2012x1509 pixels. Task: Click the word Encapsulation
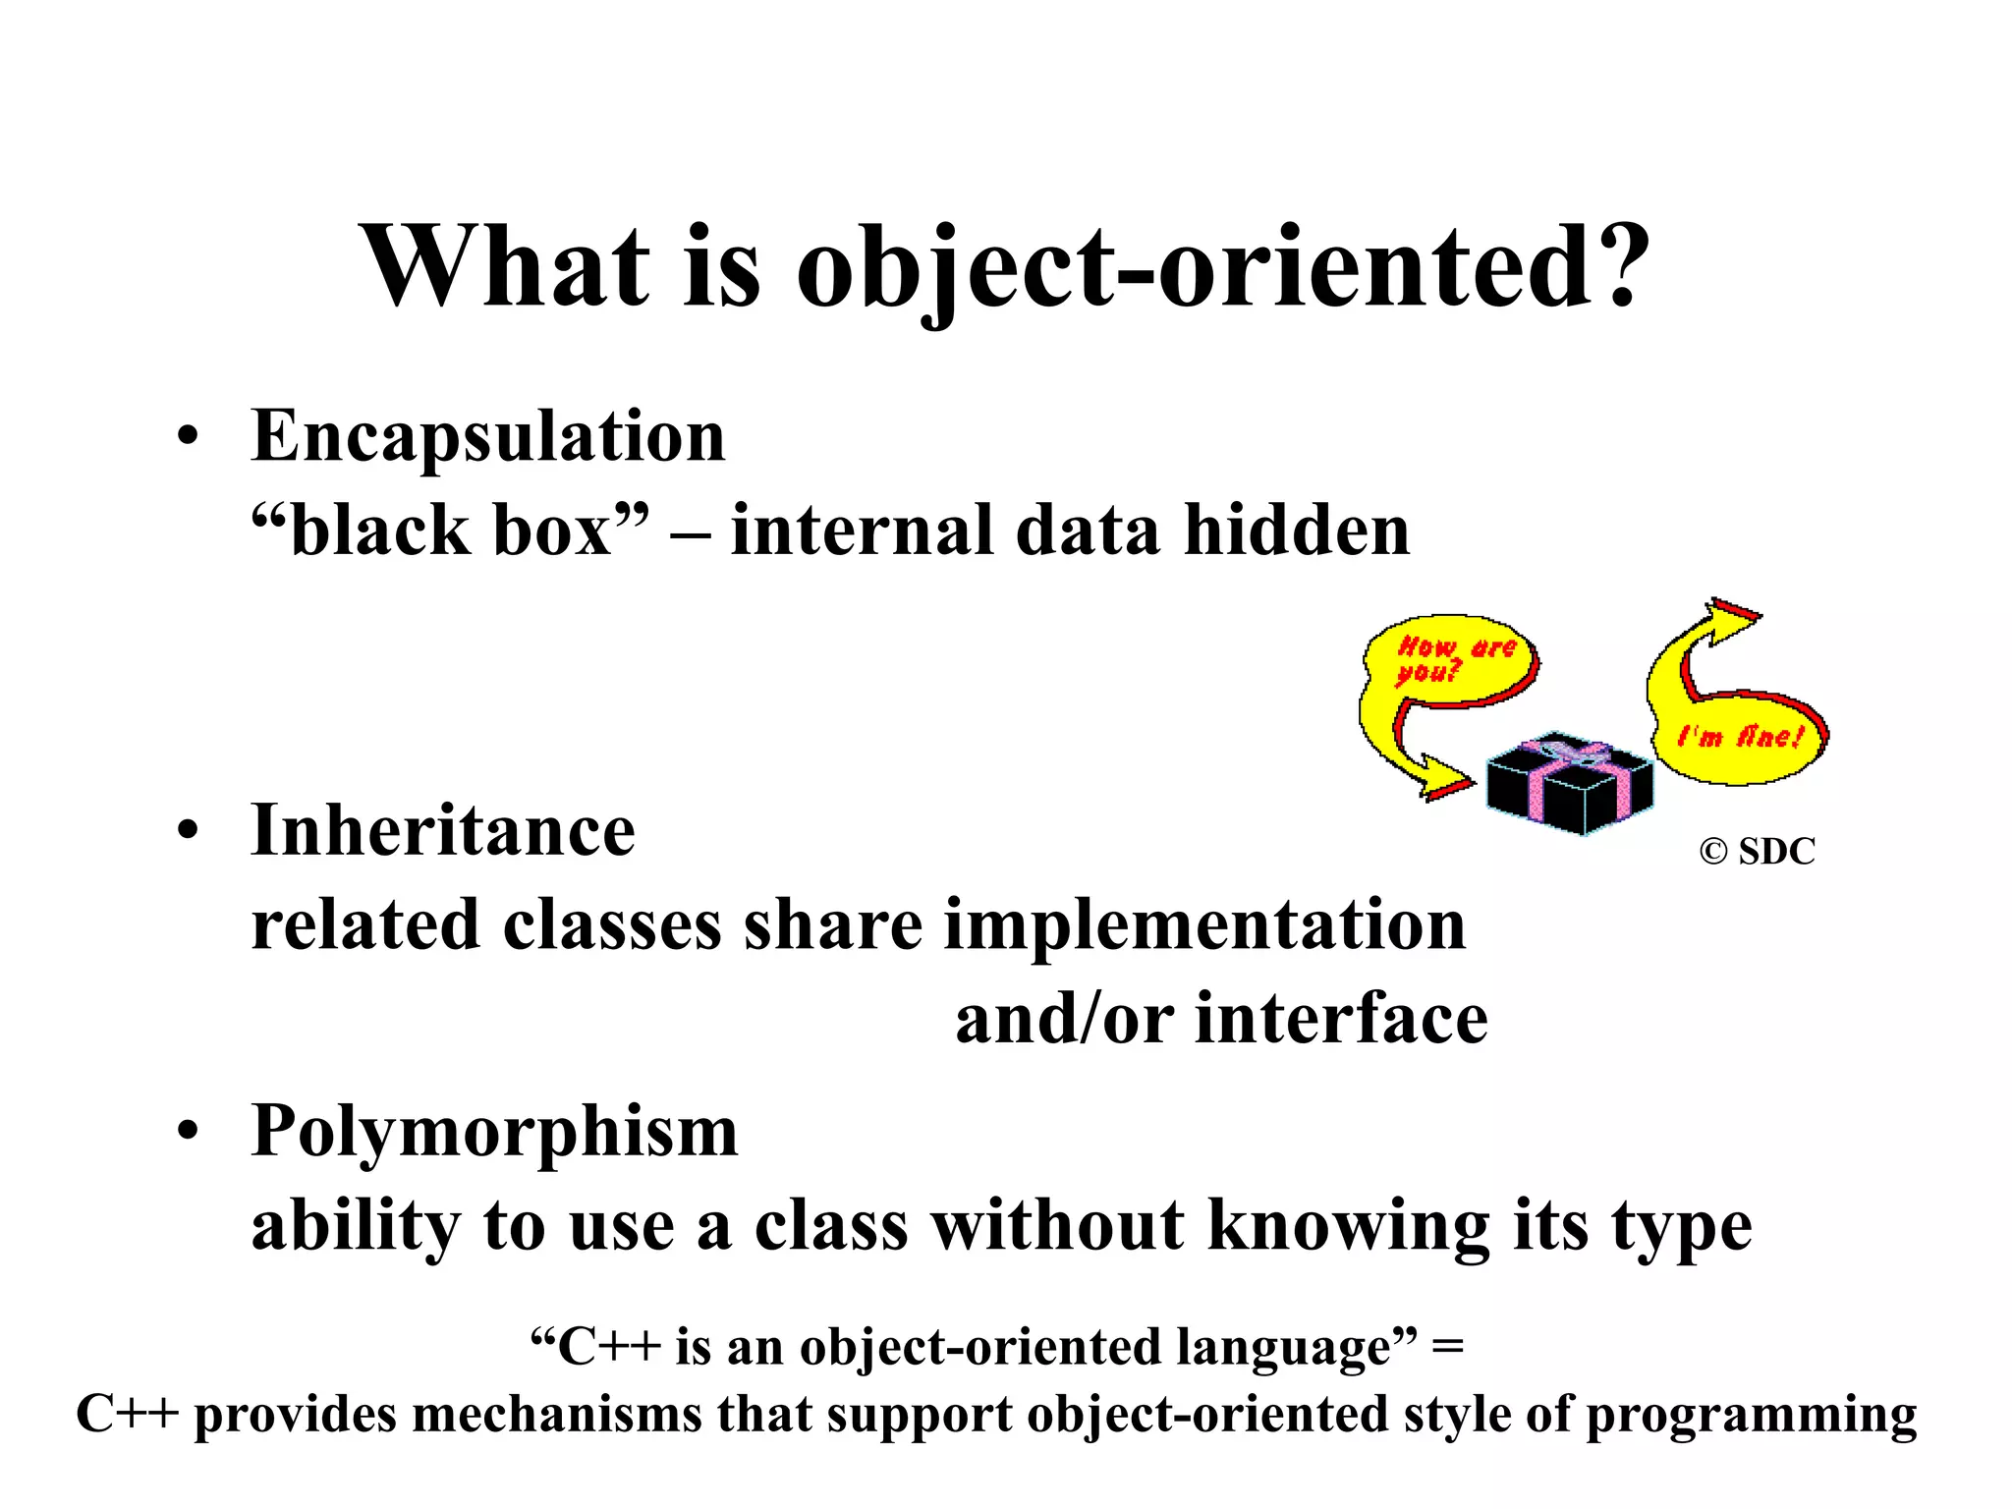coord(488,437)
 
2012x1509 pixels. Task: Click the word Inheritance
coord(443,831)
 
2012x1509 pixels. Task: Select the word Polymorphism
coord(494,1132)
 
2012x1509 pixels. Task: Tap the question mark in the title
coord(1614,265)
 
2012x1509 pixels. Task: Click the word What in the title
coord(506,265)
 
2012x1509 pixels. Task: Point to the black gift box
coord(1569,786)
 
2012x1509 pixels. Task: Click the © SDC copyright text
coord(1757,851)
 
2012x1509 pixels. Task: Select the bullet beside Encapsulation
coord(188,437)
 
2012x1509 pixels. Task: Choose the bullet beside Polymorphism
coord(188,1132)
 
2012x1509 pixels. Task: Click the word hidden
coord(1297,531)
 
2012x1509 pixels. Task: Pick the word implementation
coord(1204,925)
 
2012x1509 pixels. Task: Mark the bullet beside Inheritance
coord(188,831)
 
